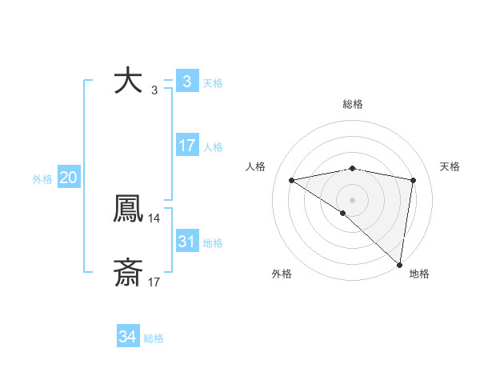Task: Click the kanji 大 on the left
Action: (129, 81)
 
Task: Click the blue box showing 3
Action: (186, 81)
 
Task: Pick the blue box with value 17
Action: (186, 146)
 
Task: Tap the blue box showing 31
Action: (186, 242)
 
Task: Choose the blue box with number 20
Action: (68, 178)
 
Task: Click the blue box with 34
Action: (128, 338)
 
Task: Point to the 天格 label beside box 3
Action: (213, 82)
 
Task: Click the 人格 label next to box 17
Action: (213, 147)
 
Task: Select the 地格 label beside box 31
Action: (213, 243)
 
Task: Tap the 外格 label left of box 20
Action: (42, 179)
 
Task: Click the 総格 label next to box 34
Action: (154, 339)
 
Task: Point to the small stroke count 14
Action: (154, 218)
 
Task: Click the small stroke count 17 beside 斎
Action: (154, 282)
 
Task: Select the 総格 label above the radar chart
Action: (353, 104)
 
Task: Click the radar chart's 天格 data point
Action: (414, 180)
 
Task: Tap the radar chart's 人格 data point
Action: (292, 180)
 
